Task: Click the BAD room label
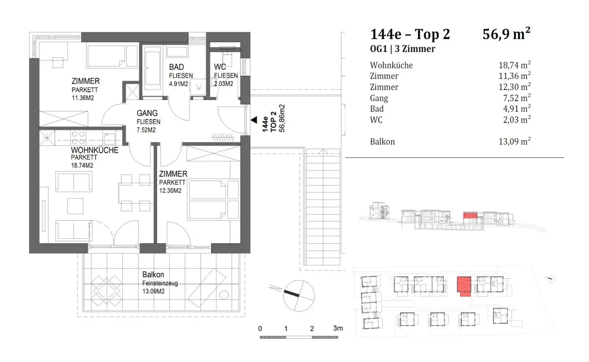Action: coord(176,67)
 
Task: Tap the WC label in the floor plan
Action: coord(220,67)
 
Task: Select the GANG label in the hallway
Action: coord(147,113)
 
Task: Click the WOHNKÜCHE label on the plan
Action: coord(95,150)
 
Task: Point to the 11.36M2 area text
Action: coord(83,98)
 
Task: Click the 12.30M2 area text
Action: coord(170,191)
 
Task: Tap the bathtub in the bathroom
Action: coord(153,68)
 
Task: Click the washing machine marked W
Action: coord(198,86)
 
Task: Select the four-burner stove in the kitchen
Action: coord(79,138)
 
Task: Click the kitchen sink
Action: coord(109,138)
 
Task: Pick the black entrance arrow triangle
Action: coord(254,120)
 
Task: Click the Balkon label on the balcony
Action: coord(153,275)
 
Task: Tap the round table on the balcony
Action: coord(224,295)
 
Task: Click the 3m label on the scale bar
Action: coord(338,328)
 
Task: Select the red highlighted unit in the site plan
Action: coord(464,286)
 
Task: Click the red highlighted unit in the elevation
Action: coord(470,215)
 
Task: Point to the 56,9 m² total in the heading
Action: coord(506,34)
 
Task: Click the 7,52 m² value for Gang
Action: coord(517,98)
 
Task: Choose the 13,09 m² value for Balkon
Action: coord(514,142)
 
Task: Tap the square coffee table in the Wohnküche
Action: coord(75,206)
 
